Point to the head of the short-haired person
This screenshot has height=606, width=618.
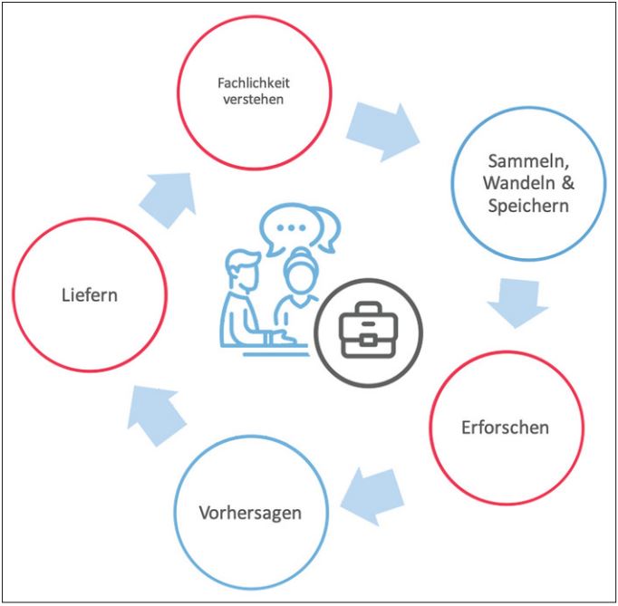point(245,270)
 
